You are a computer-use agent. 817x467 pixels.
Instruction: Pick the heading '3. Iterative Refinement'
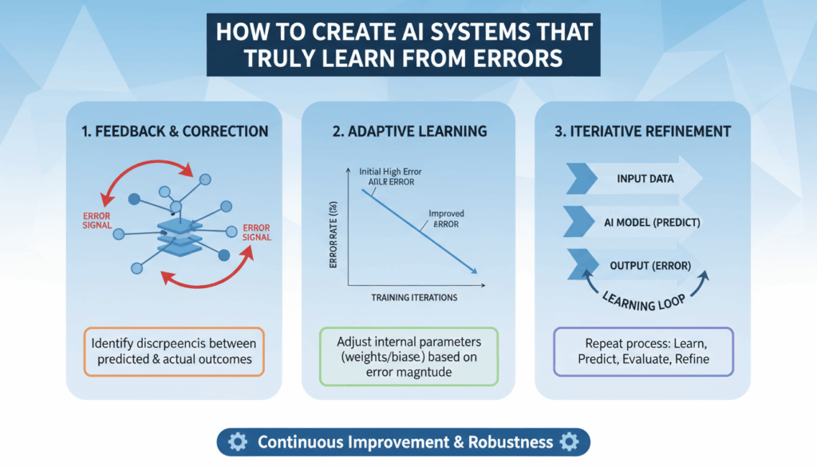coord(643,130)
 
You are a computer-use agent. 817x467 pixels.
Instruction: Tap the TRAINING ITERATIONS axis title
coord(415,298)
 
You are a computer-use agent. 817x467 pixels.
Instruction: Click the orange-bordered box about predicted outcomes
coord(174,351)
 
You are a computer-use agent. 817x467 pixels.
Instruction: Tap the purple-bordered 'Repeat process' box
coord(643,351)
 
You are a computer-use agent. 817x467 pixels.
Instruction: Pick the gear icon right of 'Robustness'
coord(569,441)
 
